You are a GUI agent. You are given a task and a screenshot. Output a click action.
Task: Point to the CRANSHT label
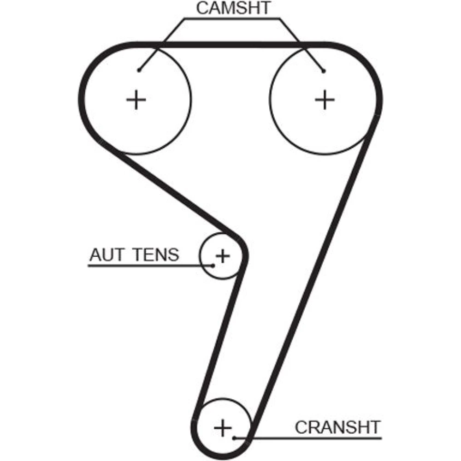click(337, 427)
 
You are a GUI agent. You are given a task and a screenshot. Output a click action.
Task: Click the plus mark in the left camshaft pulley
click(136, 100)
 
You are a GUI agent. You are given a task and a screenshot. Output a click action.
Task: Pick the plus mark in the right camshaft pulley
click(325, 100)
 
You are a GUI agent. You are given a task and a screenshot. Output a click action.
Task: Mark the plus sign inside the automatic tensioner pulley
click(223, 255)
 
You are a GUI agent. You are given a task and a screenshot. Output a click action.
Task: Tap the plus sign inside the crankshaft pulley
click(224, 428)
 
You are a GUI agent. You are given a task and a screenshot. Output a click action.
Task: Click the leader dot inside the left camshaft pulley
click(139, 70)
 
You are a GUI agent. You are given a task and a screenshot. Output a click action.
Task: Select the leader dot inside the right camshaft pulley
click(324, 71)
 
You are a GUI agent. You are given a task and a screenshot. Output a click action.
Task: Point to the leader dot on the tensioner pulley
click(213, 265)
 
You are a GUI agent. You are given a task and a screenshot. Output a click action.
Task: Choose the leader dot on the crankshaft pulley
click(235, 437)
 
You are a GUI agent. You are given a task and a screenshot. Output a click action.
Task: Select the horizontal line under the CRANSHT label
click(313, 437)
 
